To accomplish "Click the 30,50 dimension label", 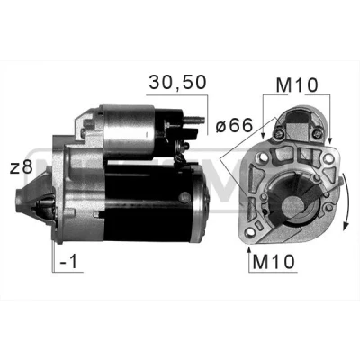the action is point(177,82).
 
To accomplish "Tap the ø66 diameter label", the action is point(234,125).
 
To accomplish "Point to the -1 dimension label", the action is point(68,262).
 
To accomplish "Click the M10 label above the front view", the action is point(296,85).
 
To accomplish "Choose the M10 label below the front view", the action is point(274,262).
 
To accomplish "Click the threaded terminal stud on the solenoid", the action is point(194,120).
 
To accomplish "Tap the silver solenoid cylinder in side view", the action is point(129,132).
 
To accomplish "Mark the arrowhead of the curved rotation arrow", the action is point(346,225).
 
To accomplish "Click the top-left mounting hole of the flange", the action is point(264,157).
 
